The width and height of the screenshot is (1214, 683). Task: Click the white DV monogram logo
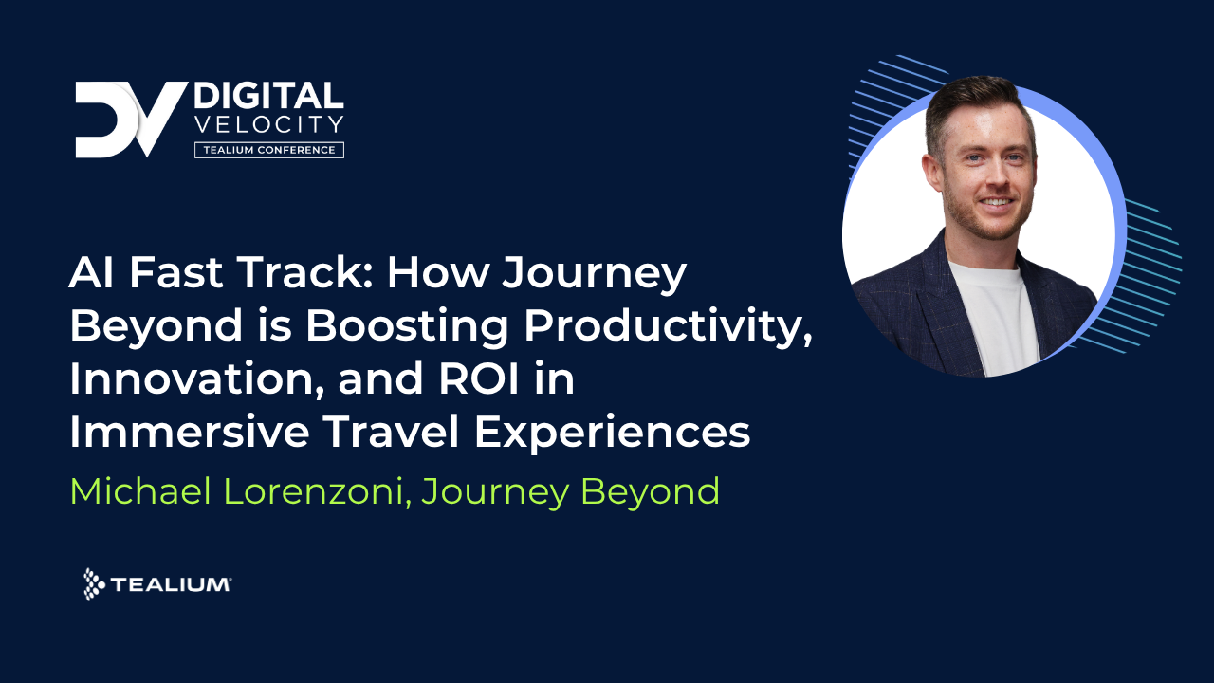coord(131,120)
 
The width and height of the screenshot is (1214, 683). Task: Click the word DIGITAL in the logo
coord(268,97)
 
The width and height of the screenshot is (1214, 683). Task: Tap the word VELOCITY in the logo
coord(268,124)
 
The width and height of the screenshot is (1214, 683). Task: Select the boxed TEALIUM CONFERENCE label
coord(268,150)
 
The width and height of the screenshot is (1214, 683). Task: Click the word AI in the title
coord(91,275)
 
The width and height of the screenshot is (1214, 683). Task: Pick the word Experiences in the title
coord(612,433)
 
